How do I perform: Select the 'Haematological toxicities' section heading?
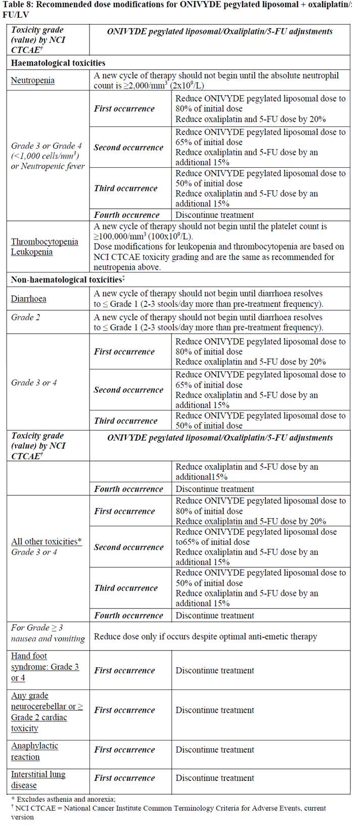point(58,63)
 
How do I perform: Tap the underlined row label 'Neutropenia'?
point(33,80)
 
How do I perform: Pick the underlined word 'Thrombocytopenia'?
point(44,242)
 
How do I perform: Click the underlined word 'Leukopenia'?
point(32,252)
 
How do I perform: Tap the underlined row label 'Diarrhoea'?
point(29,299)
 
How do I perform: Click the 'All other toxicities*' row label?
point(47,541)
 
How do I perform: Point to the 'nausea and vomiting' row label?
point(48,639)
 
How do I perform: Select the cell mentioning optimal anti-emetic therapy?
point(205,636)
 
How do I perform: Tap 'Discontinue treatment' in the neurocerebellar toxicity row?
point(215,710)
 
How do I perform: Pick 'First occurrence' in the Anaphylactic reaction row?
point(124,750)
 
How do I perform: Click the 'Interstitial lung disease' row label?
point(38,779)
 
